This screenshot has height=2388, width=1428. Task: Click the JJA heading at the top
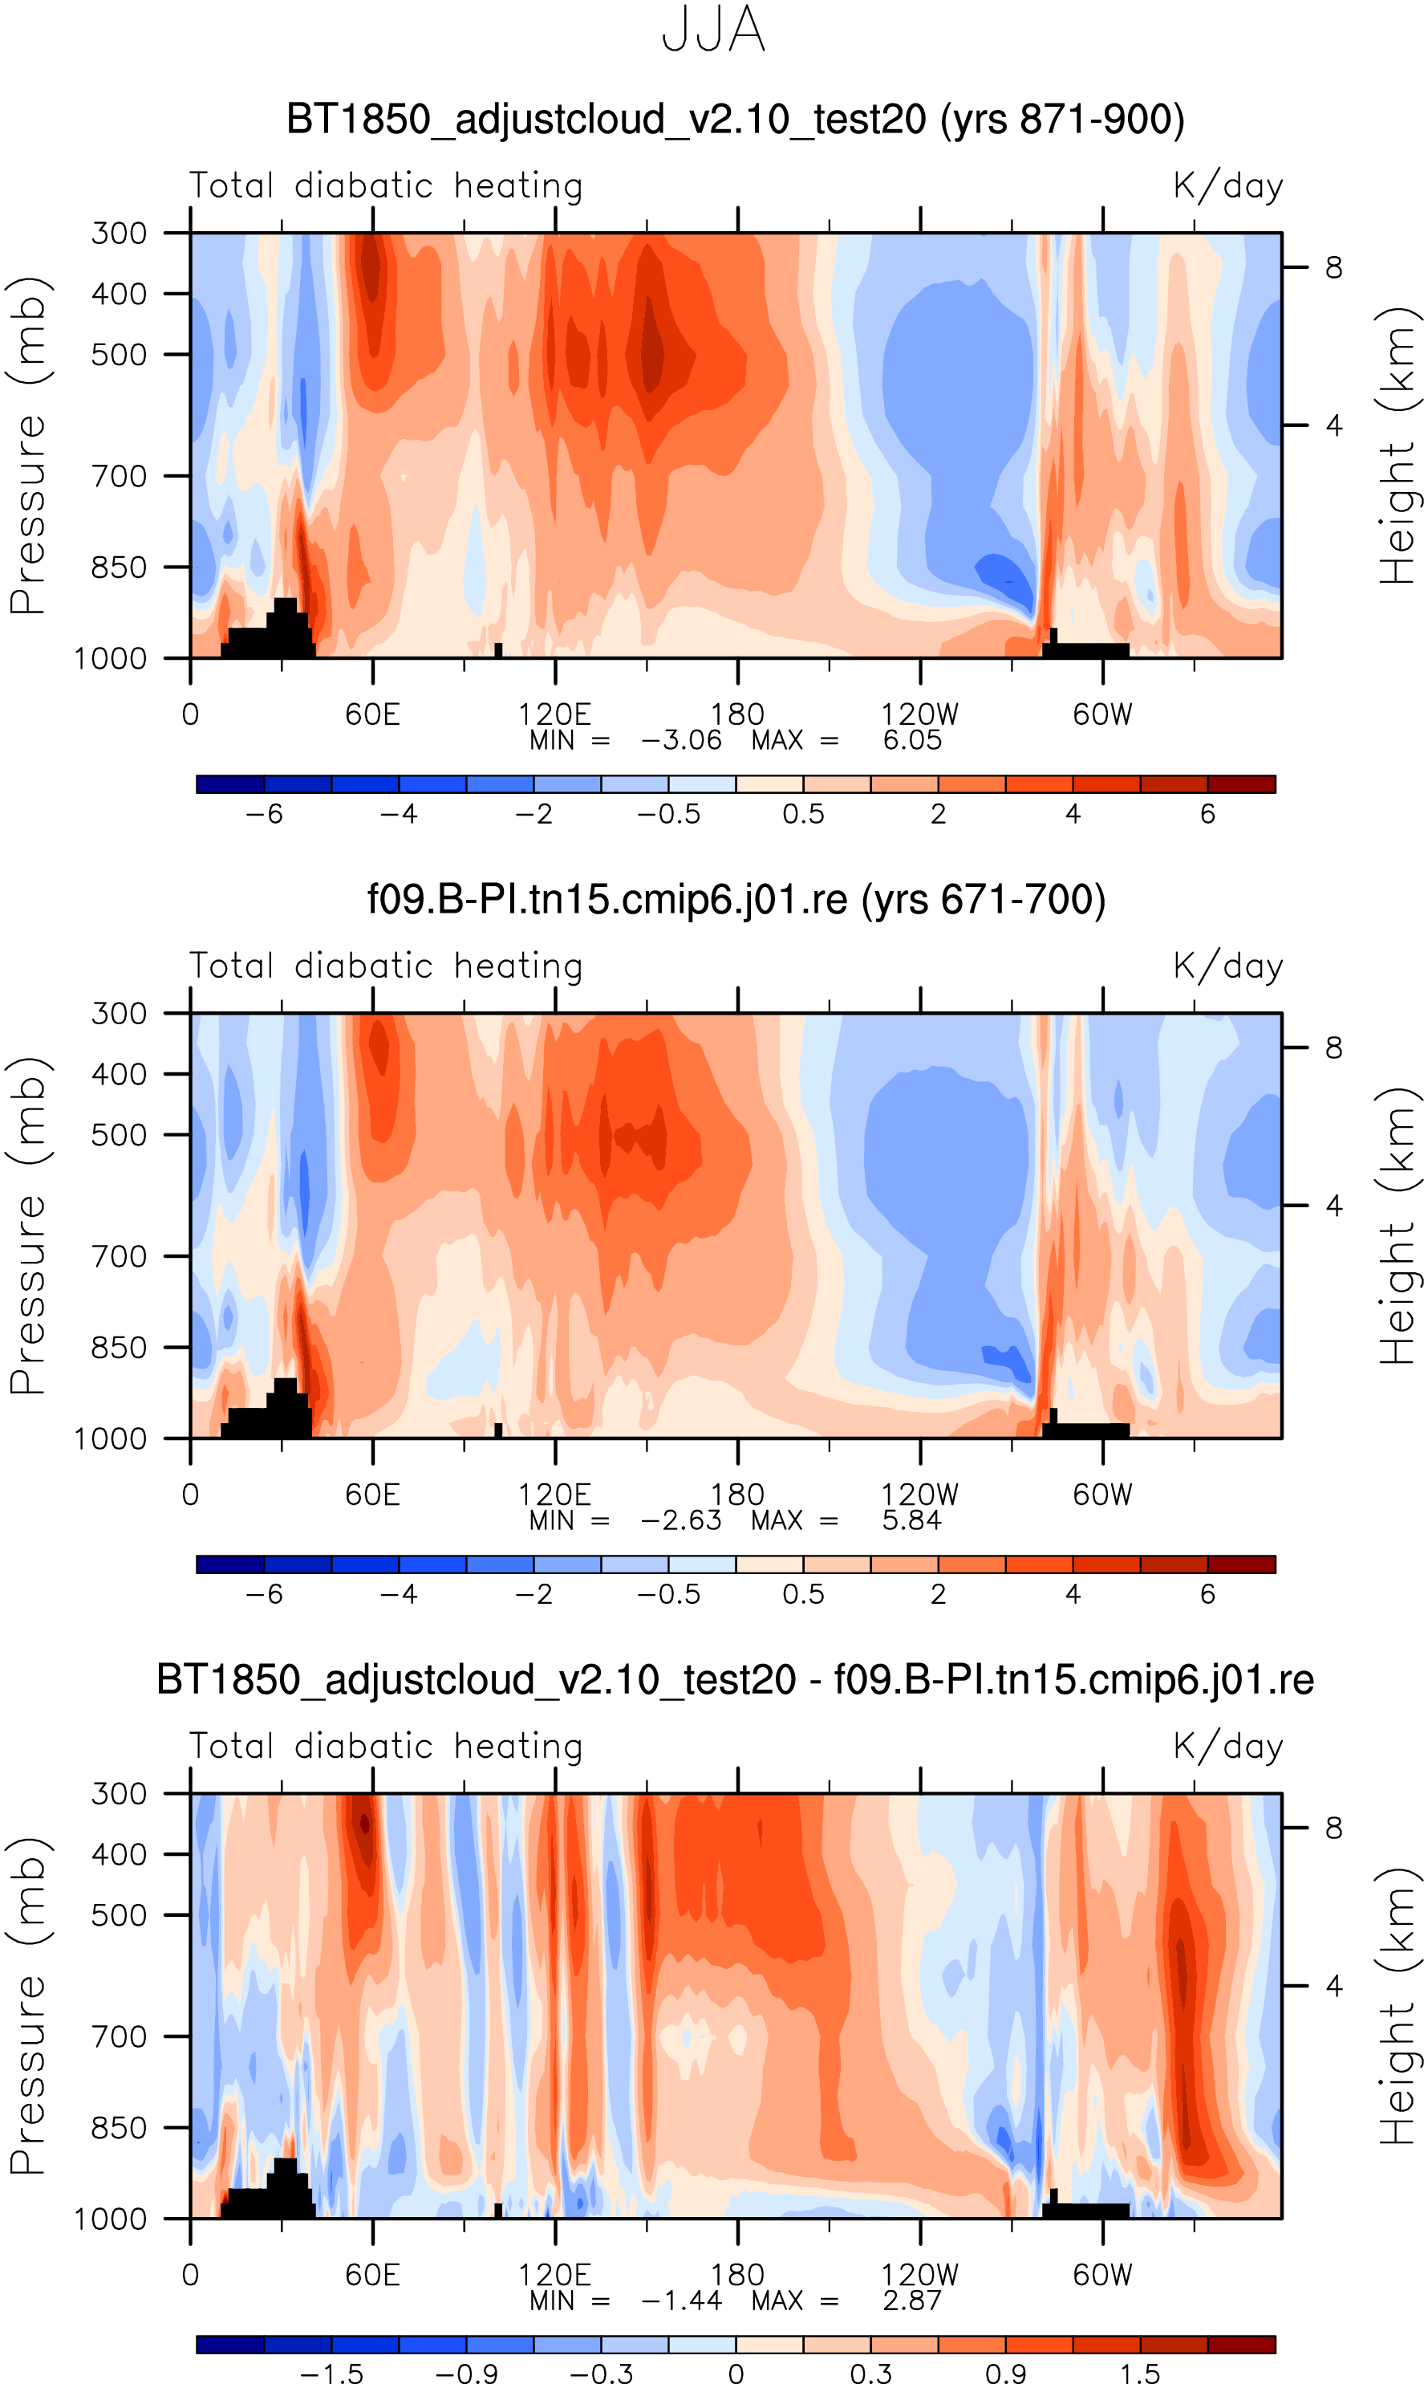coord(713,31)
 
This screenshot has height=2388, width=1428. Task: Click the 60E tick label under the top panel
coord(372,714)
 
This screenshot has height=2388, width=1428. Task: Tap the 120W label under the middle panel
coord(920,1495)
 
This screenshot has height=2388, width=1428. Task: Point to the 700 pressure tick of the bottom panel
coord(120,2036)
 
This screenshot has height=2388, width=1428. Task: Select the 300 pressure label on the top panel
coord(120,233)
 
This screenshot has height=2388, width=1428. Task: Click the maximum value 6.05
coord(911,740)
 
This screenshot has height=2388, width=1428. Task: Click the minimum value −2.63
coord(680,1521)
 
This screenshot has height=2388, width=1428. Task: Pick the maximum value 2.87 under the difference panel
coord(911,2301)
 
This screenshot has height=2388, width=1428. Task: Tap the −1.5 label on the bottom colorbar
coord(331,2374)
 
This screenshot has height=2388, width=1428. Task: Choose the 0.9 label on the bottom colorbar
coord(1005,2374)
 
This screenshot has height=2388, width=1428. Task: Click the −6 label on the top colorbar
coord(264,814)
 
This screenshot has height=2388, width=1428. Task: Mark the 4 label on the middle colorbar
coord(1073,1595)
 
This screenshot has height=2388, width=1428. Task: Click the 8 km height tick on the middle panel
coord(1333,1048)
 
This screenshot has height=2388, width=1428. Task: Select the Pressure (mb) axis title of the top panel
coord(29,445)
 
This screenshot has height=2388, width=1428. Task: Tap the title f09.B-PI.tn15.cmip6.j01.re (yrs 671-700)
coord(736,900)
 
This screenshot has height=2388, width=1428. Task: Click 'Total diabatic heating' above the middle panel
coord(386,966)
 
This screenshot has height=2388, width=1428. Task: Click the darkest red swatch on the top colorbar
coord(1241,784)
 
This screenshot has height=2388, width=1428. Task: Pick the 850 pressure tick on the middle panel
coord(120,1348)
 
